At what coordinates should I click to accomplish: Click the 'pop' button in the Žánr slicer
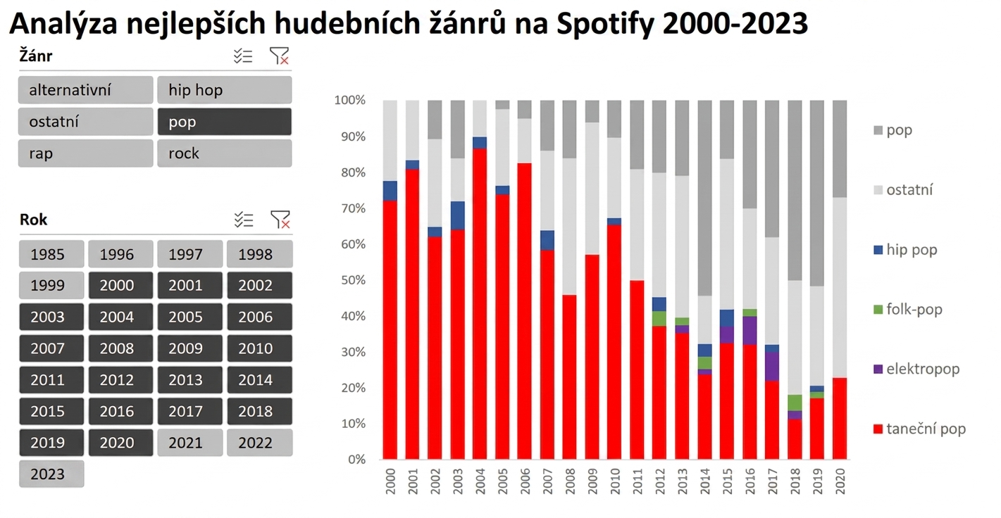point(224,122)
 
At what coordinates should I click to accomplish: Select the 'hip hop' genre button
point(224,90)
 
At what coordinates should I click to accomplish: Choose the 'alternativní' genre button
point(86,90)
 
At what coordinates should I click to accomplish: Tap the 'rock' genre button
point(224,153)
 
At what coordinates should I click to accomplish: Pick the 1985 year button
point(51,254)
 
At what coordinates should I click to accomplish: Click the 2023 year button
point(51,474)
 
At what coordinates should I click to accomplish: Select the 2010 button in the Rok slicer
point(260,348)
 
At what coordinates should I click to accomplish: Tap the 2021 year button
point(190,443)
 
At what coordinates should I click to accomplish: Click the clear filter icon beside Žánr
point(279,56)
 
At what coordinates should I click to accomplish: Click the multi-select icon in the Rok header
point(244,220)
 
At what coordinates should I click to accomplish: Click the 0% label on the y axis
point(357,460)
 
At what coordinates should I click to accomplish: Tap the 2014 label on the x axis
point(704,481)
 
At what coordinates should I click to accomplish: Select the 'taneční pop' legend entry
point(920,429)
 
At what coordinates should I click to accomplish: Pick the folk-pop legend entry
point(908,310)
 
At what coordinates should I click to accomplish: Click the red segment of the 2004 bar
point(480,304)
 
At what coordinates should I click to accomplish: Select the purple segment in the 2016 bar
point(750,331)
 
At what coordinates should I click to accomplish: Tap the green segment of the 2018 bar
point(795,403)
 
